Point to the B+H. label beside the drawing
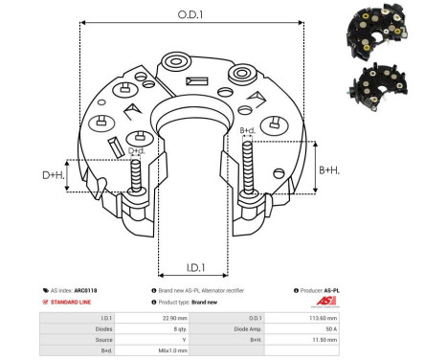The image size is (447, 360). point(328,169)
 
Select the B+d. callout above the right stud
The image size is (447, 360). point(247,130)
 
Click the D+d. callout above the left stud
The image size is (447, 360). point(138,151)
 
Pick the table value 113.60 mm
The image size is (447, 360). point(380,317)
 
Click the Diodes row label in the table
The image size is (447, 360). point(105,327)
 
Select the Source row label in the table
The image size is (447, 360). point(105,338)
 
